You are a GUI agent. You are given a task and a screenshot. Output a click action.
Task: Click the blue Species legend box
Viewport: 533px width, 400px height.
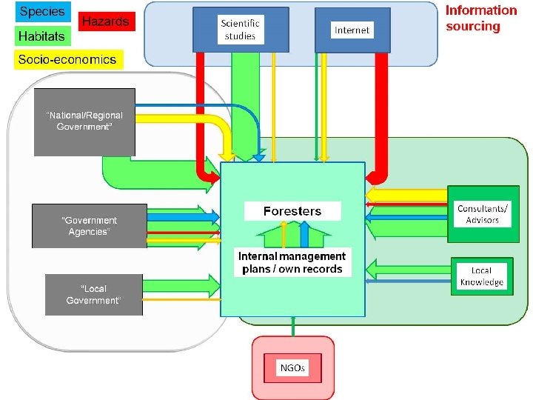pos(42,12)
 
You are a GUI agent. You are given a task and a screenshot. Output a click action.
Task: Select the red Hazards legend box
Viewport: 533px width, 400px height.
pos(104,22)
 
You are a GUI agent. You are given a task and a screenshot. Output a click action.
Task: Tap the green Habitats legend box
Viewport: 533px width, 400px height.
pos(42,36)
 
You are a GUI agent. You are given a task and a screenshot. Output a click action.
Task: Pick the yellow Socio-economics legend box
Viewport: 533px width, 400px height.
pos(68,59)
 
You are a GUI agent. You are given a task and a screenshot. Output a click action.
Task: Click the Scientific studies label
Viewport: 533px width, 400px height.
pos(240,30)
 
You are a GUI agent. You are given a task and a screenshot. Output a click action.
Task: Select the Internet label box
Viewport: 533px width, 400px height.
pos(352,30)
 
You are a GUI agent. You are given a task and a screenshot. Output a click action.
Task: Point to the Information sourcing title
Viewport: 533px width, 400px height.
pos(481,19)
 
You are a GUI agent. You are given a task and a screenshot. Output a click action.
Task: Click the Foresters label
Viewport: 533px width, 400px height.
pos(292,211)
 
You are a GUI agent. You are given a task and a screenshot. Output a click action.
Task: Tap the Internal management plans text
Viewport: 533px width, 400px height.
pos(292,262)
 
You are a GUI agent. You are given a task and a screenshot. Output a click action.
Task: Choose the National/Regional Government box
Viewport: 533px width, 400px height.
pos(84,121)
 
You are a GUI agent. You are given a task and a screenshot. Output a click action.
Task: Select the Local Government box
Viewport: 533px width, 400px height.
pos(94,295)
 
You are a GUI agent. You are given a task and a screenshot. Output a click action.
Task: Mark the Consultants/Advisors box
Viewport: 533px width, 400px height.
pos(483,215)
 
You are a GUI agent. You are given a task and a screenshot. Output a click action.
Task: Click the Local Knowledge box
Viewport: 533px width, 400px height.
pos(481,276)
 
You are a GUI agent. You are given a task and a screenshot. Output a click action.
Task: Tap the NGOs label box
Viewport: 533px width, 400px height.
pos(292,368)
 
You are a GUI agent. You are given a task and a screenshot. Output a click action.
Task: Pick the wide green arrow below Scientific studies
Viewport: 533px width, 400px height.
pos(245,104)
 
